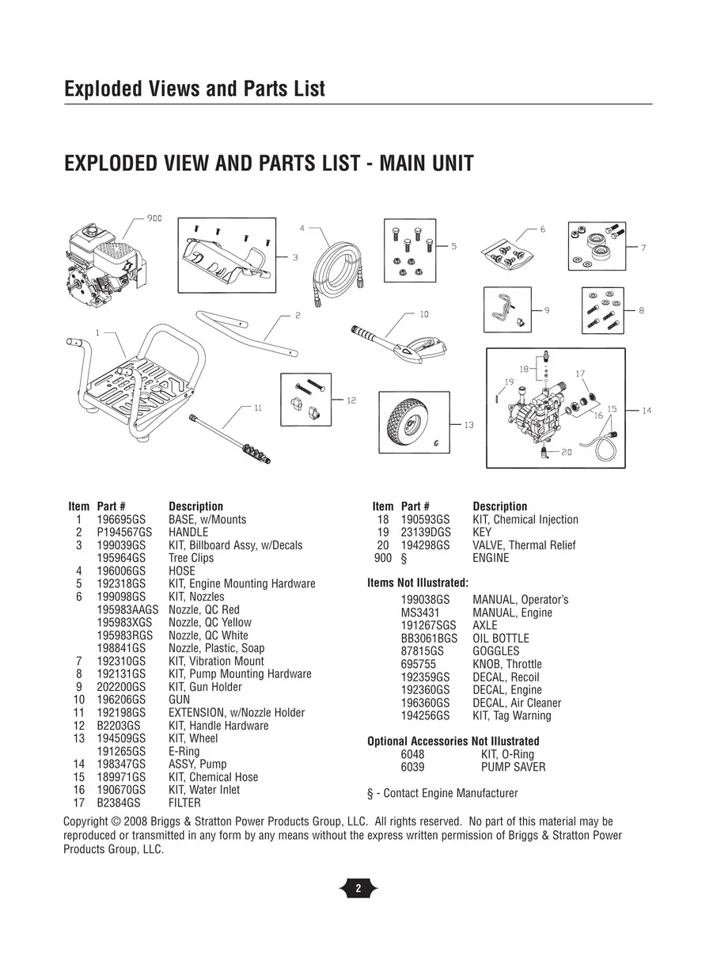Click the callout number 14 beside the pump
tap(647, 411)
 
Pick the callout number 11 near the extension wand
tap(257, 408)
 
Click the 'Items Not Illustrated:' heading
tap(418, 584)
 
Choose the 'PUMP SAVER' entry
tap(513, 767)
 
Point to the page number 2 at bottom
tap(358, 888)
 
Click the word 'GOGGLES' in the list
tap(496, 651)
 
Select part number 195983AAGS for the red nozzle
tap(127, 610)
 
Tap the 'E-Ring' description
tap(184, 752)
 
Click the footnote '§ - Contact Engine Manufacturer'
tap(442, 793)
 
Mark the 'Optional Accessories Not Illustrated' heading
tap(453, 742)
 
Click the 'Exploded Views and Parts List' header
tap(194, 89)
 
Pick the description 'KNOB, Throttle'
tap(507, 664)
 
